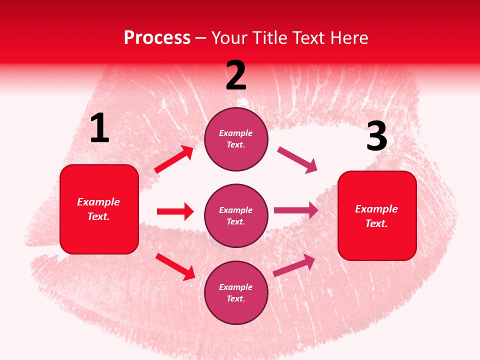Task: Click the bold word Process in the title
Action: [x=157, y=38]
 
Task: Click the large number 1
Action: [x=99, y=128]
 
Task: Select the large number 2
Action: [x=236, y=75]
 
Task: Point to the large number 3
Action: [x=377, y=136]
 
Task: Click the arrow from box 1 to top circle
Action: [x=174, y=159]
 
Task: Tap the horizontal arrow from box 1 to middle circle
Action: [x=175, y=211]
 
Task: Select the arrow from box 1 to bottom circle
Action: [x=175, y=266]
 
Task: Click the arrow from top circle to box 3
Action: [x=297, y=160]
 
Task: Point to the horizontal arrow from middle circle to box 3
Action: [x=296, y=210]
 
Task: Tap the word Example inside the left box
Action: [x=98, y=202]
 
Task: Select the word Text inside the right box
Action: [x=376, y=223]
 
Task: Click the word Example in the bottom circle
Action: [x=236, y=287]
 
